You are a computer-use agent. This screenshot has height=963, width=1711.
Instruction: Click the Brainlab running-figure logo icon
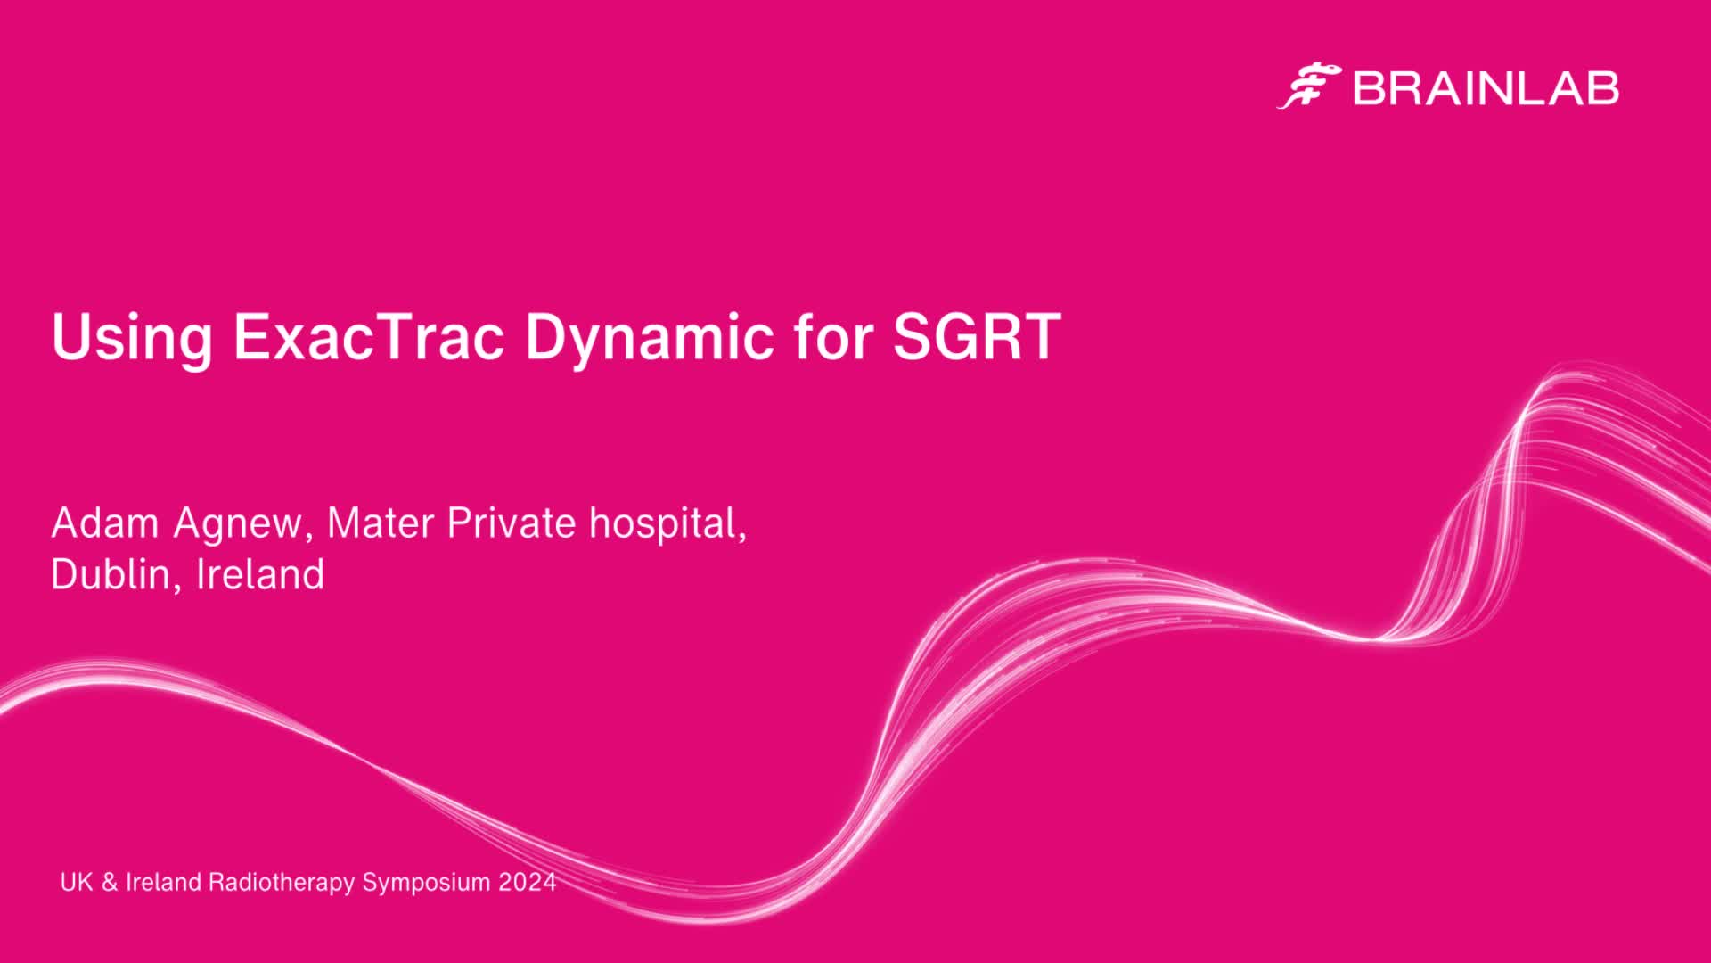(1309, 86)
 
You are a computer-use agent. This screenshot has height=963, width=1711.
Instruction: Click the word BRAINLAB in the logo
(1486, 88)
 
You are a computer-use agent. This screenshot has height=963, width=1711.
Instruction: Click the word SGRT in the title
(977, 336)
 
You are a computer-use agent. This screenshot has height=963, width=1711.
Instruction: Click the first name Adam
(105, 523)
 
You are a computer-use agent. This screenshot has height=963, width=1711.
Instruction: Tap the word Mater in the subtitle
(381, 523)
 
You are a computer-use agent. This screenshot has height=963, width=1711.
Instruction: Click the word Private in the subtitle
(512, 523)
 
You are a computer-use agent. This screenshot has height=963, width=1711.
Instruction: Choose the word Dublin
(111, 575)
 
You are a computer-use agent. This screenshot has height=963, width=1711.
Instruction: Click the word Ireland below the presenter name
(260, 574)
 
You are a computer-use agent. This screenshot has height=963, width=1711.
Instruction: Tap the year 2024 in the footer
(528, 883)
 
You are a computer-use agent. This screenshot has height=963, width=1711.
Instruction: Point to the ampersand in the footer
(110, 883)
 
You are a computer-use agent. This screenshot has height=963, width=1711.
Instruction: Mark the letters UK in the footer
(77, 883)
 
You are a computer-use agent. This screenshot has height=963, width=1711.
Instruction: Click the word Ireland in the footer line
(163, 883)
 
